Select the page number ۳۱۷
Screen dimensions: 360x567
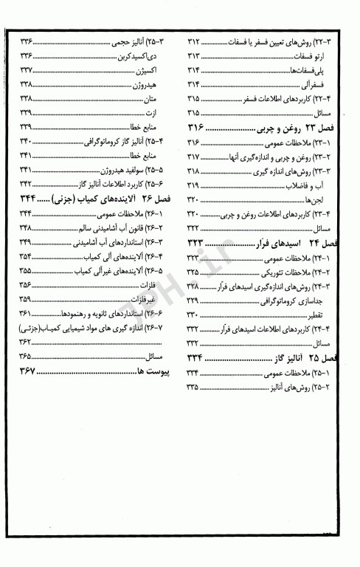coord(195,157)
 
